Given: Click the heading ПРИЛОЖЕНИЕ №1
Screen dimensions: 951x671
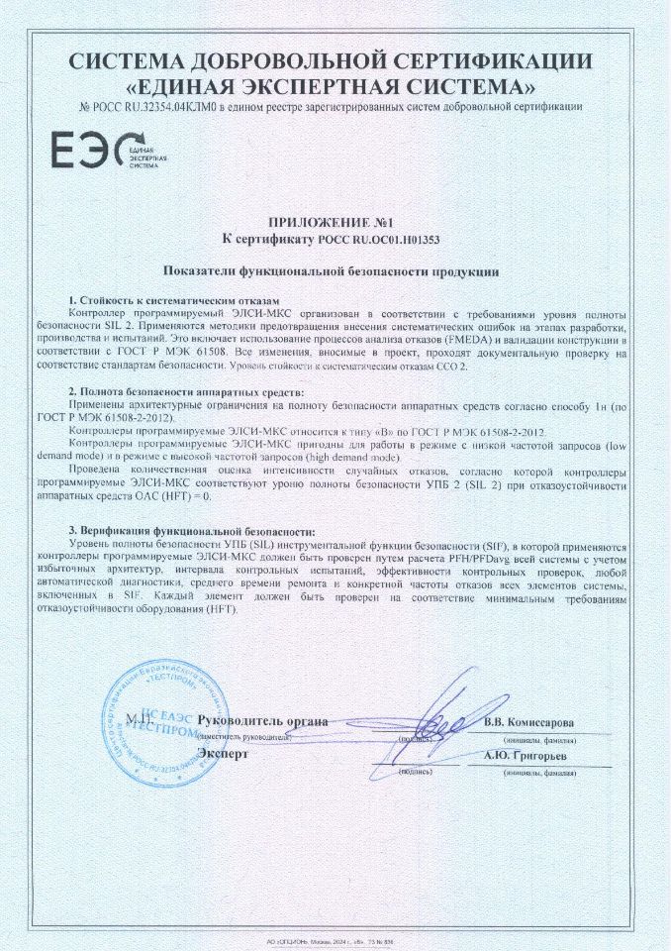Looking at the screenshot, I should tap(335, 223).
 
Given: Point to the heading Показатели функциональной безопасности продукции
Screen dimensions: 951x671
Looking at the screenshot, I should tap(331, 270).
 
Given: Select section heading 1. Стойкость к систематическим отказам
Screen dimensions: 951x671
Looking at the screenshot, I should tap(174, 298).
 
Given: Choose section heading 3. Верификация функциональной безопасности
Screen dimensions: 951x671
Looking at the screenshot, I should tap(190, 532).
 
